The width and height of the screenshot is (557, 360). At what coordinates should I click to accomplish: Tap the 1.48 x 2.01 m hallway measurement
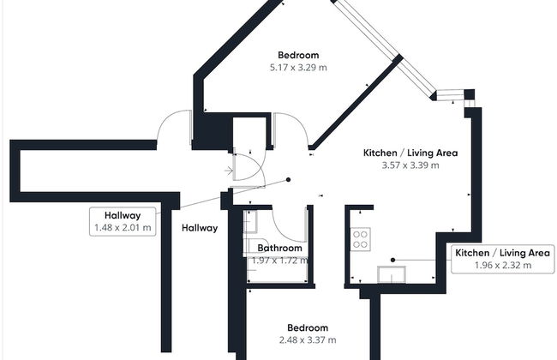(x=123, y=228)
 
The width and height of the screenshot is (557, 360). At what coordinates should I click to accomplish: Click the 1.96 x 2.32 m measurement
(x=503, y=266)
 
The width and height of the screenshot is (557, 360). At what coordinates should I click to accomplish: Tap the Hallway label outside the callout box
(x=200, y=228)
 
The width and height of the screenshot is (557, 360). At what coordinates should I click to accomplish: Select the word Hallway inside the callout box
(x=123, y=215)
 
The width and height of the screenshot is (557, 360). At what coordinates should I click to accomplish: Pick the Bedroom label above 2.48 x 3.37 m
(x=307, y=327)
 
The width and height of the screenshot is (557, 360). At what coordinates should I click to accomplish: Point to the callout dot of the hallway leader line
(x=289, y=180)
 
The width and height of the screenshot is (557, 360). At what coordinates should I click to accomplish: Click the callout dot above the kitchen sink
(x=392, y=259)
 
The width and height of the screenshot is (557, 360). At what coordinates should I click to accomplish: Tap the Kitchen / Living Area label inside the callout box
(x=502, y=253)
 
